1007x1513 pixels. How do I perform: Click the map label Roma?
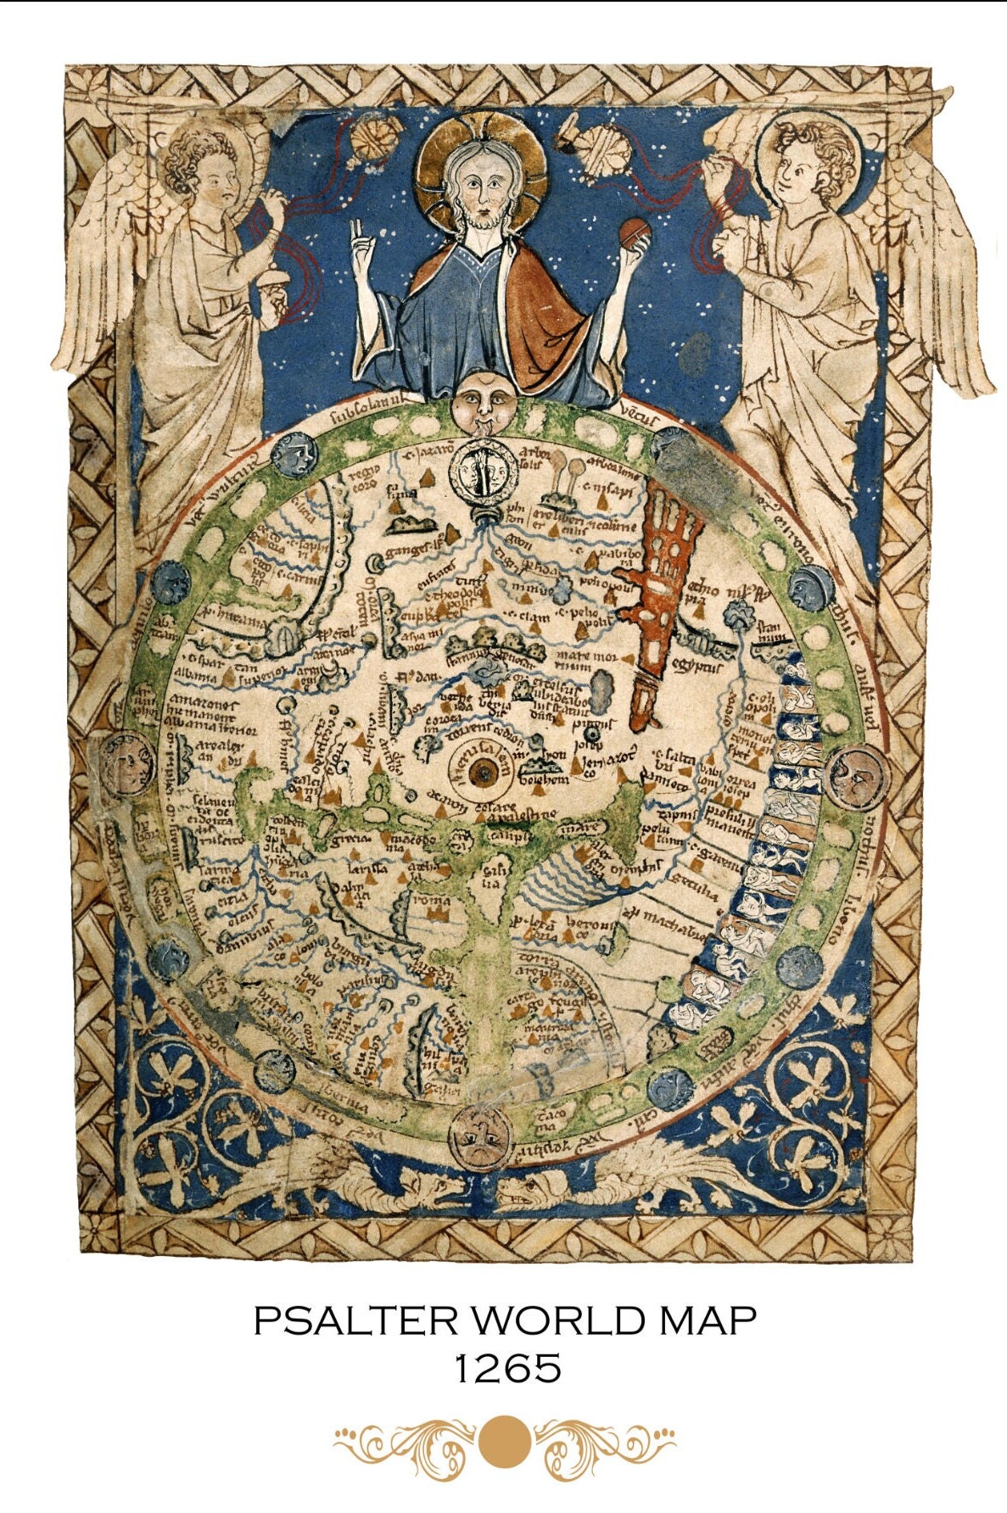tap(434, 899)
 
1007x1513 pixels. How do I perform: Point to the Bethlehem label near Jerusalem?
tap(542, 779)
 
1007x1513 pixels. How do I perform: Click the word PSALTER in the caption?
tap(356, 1321)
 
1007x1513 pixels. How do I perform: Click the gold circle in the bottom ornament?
tap(504, 1441)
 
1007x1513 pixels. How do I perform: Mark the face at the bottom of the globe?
tap(482, 1134)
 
